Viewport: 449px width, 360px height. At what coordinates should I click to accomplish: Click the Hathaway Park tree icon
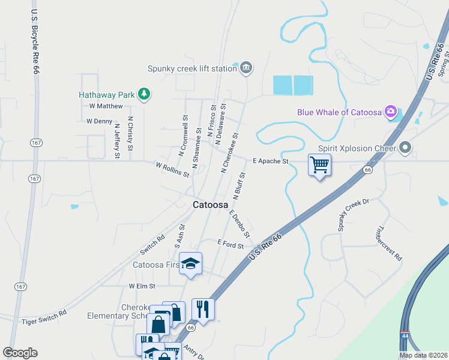click(x=143, y=94)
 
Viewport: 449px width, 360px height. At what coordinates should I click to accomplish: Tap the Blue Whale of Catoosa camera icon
click(x=391, y=111)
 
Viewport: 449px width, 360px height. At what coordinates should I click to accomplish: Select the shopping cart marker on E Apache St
click(x=320, y=164)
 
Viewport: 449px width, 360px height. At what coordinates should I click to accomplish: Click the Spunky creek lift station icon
click(x=246, y=68)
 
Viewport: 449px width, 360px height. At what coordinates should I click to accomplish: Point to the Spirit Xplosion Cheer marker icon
click(x=406, y=147)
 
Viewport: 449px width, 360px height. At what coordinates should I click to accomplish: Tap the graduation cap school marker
click(x=191, y=264)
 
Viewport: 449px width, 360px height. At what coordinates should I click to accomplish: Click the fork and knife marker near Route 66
click(x=203, y=310)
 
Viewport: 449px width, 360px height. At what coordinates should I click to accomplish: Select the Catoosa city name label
click(x=210, y=205)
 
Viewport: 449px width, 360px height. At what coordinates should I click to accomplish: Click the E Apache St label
click(x=271, y=161)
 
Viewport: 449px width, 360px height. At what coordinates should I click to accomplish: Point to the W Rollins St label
click(x=173, y=170)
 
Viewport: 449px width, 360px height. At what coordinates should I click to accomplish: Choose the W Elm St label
click(x=142, y=286)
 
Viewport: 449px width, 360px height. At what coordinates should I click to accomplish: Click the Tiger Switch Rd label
click(x=44, y=317)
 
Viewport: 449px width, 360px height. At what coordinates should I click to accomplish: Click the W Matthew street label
click(x=106, y=106)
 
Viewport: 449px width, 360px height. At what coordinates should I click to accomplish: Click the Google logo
click(x=20, y=352)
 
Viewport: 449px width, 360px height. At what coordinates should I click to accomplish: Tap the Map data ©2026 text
click(x=423, y=355)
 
